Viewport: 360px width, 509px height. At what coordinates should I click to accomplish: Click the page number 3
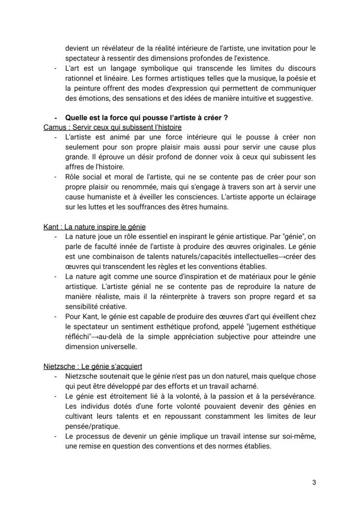[314, 482]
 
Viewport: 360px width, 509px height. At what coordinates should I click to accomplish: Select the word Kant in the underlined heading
[50, 227]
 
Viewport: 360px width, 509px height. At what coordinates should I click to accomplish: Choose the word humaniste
[97, 197]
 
